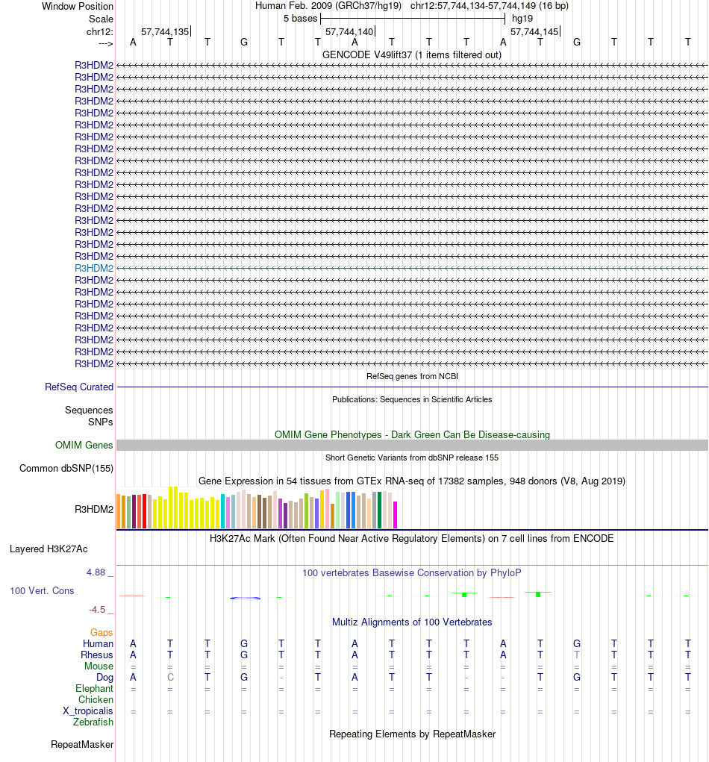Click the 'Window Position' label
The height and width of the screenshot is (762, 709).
point(78,6)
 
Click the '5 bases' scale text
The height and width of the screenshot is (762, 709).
point(300,18)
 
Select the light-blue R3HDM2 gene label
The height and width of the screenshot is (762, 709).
point(94,268)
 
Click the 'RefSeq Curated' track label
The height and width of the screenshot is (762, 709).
point(79,387)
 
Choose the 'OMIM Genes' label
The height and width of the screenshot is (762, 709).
point(84,446)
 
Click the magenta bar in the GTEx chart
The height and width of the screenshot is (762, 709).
point(396,515)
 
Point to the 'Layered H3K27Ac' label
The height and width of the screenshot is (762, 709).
point(49,549)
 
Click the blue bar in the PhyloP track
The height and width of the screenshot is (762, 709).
point(245,599)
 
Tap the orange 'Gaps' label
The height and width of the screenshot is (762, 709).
point(101,632)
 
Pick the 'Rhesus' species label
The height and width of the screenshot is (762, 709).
point(97,655)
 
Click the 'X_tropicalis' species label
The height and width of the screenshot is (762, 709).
point(88,711)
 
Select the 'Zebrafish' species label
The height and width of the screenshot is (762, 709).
point(93,722)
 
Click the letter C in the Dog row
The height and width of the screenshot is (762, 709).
point(170,678)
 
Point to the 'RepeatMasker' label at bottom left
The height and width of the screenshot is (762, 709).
point(82,744)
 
